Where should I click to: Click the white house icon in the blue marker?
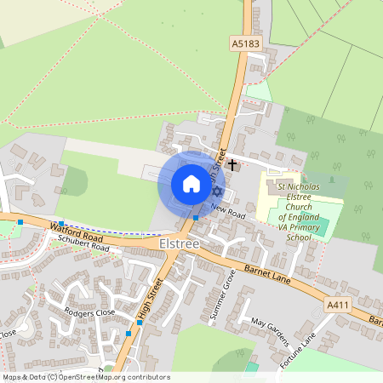[x=191, y=184]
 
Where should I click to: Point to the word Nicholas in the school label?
[x=305, y=186]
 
